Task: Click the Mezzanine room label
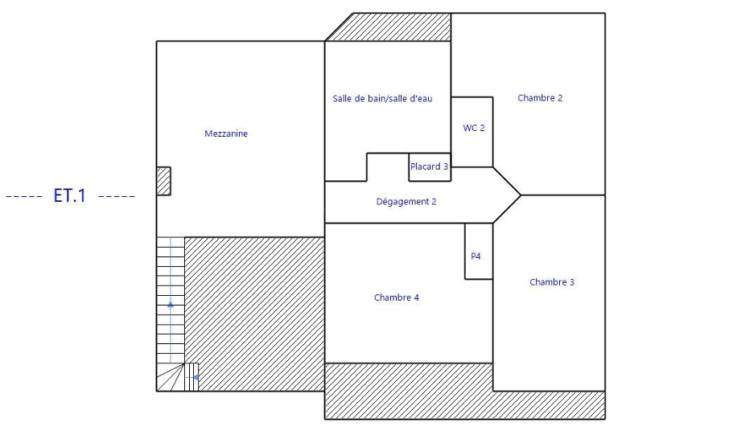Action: [x=226, y=133]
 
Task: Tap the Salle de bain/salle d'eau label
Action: [x=383, y=99]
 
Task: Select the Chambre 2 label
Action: [x=540, y=98]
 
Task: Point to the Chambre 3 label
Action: [x=552, y=282]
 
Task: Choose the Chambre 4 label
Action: [x=396, y=297]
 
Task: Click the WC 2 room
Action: [x=472, y=132]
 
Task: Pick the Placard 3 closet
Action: [x=430, y=166]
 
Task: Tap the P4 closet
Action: [x=479, y=252]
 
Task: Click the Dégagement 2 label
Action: [x=406, y=202]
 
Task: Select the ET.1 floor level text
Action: [x=70, y=195]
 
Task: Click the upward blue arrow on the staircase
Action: [x=171, y=305]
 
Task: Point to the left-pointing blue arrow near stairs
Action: [x=195, y=377]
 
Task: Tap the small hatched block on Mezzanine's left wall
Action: [x=163, y=181]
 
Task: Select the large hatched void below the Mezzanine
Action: [x=254, y=314]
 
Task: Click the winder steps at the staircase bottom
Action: [x=170, y=377]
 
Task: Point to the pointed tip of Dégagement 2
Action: [x=521, y=195]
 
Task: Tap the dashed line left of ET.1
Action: [x=24, y=196]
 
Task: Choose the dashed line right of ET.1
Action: [x=117, y=196]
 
